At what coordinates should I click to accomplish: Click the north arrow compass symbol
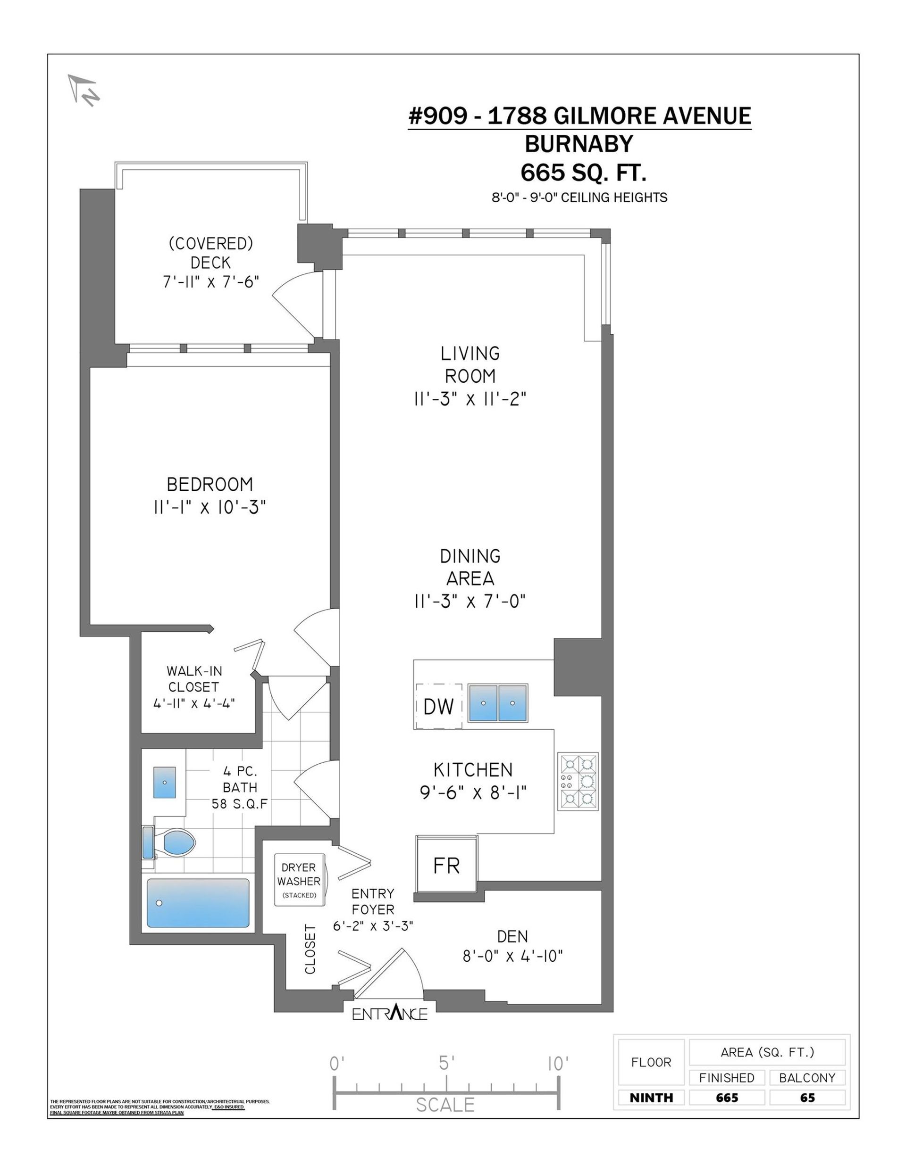click(83, 89)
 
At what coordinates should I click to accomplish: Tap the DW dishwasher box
click(439, 706)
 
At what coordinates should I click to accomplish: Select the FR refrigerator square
click(446, 865)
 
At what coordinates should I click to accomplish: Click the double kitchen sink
click(498, 702)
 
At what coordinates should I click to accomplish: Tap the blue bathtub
click(198, 903)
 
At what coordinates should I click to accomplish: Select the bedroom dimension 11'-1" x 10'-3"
click(210, 507)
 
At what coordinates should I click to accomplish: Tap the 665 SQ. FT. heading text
click(583, 173)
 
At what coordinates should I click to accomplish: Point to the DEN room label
click(513, 937)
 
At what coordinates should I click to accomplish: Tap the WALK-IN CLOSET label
click(194, 679)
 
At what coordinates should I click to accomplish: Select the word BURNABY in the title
click(579, 144)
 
